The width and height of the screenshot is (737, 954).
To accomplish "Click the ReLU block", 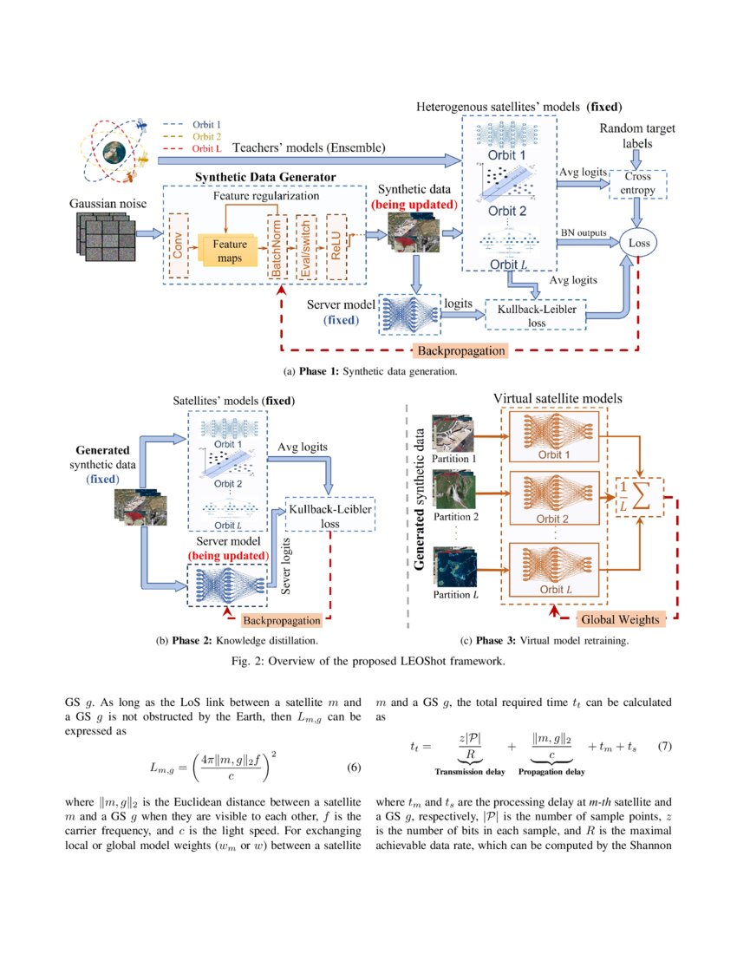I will (x=336, y=245).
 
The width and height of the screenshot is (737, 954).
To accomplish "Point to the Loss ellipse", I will (x=639, y=244).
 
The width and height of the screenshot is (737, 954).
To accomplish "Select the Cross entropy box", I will (x=637, y=184).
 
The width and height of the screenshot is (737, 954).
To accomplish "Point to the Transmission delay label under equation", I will (x=470, y=771).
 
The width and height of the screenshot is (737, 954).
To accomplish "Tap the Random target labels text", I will (x=637, y=137).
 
